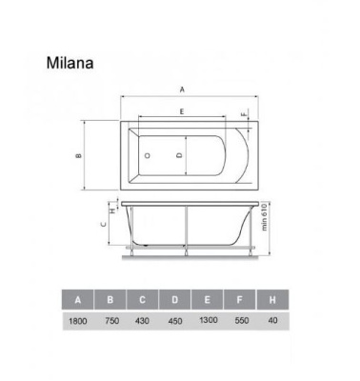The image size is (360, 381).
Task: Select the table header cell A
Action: pyautogui.click(x=78, y=302)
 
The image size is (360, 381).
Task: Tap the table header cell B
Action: pyautogui.click(x=110, y=302)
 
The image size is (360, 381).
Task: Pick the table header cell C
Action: pyautogui.click(x=143, y=302)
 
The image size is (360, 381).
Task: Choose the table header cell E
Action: pyautogui.click(x=208, y=302)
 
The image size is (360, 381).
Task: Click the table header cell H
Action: pyautogui.click(x=272, y=302)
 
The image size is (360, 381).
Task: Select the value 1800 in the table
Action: pyautogui.click(x=78, y=324)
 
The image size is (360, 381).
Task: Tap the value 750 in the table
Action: pyautogui.click(x=110, y=324)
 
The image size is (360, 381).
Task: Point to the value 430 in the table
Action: pyautogui.click(x=143, y=324)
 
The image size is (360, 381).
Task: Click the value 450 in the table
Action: pyautogui.click(x=175, y=324)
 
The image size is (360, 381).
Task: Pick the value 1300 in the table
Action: pyautogui.click(x=208, y=324)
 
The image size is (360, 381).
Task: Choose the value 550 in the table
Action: pyautogui.click(x=240, y=324)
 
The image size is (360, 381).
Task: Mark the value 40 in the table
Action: pyautogui.click(x=272, y=324)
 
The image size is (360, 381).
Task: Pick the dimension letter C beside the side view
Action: pyautogui.click(x=103, y=225)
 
